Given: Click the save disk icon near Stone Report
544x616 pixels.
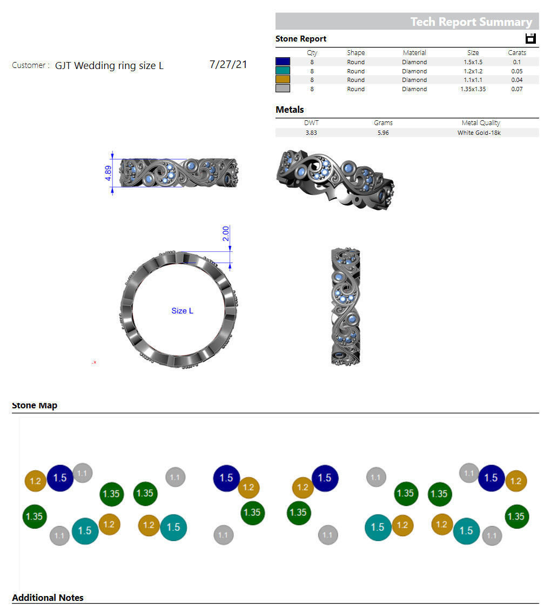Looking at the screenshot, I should point(530,38).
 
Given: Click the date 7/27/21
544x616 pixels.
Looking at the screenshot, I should point(228,65).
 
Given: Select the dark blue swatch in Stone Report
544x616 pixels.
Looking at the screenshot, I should point(283,62).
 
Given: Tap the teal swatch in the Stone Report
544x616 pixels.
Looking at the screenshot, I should point(283,71).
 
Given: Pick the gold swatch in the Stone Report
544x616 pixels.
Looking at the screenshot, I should point(283,80).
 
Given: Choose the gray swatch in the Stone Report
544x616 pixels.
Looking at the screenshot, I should point(283,89).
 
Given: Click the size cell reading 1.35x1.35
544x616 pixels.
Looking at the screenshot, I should point(473,89).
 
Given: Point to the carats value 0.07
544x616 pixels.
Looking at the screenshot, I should point(517,89).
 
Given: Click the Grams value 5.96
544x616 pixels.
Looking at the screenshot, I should point(383,133).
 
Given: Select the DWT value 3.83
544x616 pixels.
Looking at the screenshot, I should point(311,133).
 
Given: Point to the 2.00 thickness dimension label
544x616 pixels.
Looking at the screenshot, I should point(226,234).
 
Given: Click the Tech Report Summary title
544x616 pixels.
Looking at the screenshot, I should point(471,22).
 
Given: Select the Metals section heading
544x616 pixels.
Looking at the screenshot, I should point(290,110).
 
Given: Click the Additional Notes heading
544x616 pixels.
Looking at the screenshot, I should point(48,598).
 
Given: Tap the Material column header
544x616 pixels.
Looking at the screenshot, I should point(414,53).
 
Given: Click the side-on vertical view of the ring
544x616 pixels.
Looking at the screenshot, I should point(345,306).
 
